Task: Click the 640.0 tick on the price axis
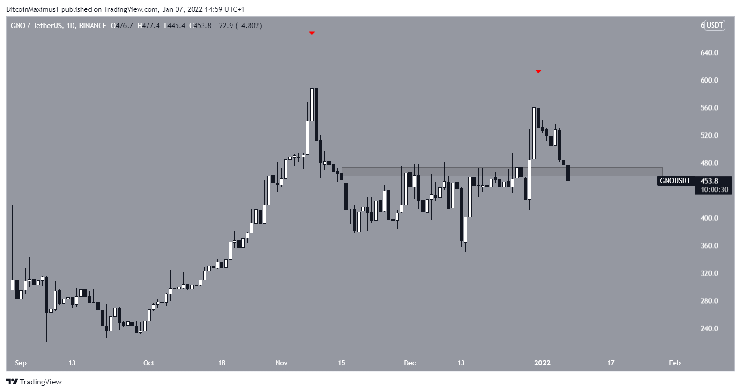click(709, 53)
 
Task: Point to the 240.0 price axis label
click(709, 328)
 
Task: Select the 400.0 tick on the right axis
click(709, 218)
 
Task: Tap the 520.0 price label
click(709, 135)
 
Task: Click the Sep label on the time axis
click(20, 363)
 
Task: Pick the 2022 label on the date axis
click(542, 363)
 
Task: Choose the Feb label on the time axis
click(675, 363)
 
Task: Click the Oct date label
click(148, 363)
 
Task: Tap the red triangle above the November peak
click(312, 33)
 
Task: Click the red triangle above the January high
click(538, 72)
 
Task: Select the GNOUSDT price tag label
click(675, 181)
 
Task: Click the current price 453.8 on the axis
click(709, 181)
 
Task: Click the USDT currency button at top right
click(715, 25)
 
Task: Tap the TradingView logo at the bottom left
click(34, 382)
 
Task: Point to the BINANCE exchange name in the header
click(93, 26)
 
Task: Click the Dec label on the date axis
click(409, 363)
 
